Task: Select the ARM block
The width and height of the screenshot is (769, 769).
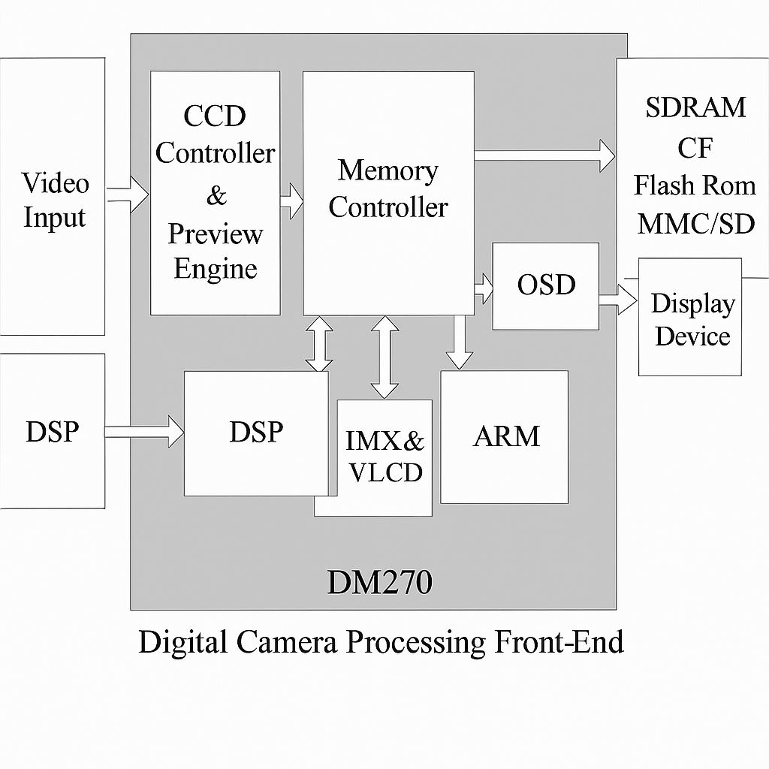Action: [504, 436]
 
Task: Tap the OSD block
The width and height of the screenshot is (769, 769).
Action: [545, 285]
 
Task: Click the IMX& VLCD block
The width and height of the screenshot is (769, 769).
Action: [384, 457]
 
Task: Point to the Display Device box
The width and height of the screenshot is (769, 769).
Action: [690, 318]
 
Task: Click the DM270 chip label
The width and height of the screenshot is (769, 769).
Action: [379, 582]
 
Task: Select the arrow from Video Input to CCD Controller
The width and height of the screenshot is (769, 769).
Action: [128, 195]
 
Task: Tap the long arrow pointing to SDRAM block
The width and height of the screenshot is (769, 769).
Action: [544, 155]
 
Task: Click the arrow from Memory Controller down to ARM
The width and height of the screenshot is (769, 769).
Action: [459, 342]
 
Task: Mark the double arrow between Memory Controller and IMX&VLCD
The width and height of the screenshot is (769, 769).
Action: [385, 357]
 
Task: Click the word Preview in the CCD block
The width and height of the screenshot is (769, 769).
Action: [215, 234]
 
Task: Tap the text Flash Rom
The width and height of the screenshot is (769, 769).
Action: [695, 185]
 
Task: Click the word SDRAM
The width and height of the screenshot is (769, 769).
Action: [695, 107]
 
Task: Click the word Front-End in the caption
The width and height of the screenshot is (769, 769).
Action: [559, 643]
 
